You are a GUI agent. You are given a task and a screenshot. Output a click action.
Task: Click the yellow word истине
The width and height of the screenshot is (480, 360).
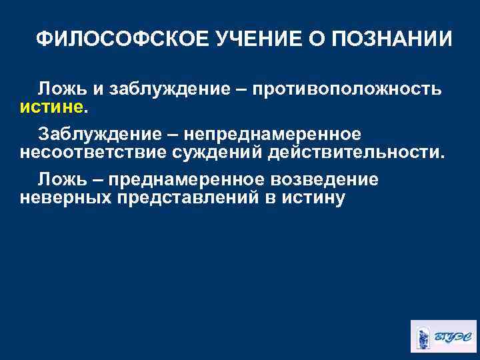[x=53, y=106]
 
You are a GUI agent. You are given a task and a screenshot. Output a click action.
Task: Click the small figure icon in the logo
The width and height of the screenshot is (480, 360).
[x=424, y=335]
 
